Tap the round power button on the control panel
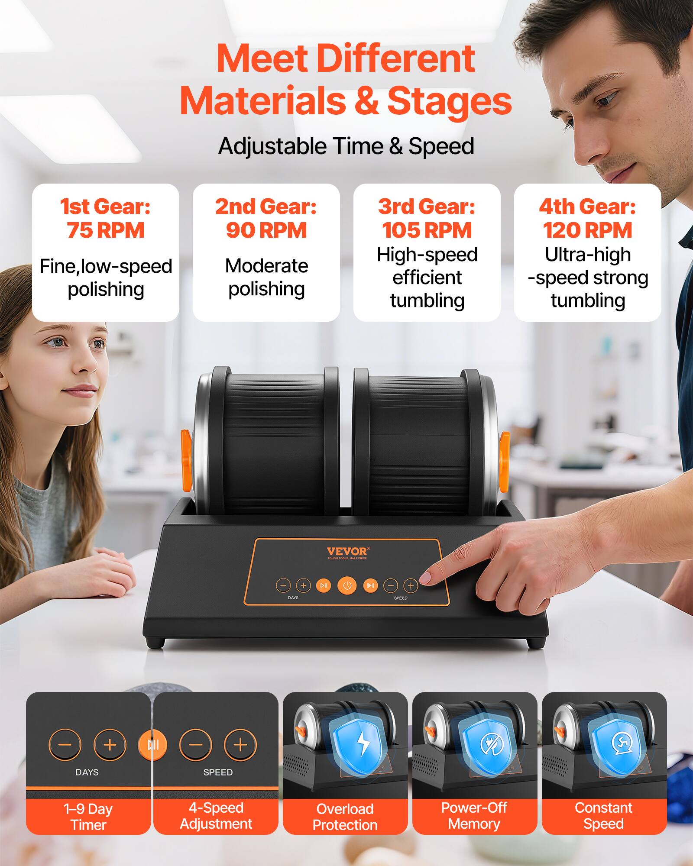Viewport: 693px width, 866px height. (346, 586)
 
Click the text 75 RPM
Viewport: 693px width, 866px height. (105, 230)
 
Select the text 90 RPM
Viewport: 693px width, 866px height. (266, 230)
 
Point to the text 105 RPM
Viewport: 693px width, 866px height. (427, 230)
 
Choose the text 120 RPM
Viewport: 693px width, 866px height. (587, 230)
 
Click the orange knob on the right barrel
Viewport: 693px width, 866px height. (505, 456)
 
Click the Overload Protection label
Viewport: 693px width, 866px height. (345, 817)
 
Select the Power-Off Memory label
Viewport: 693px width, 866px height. (474, 816)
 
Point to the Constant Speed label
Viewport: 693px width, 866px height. (603, 816)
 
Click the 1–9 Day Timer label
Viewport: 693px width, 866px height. (88, 817)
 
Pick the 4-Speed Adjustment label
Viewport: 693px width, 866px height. (216, 816)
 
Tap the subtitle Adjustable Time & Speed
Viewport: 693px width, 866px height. (346, 146)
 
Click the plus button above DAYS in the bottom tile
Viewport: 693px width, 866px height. (110, 744)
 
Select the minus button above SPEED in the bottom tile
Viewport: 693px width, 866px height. (195, 745)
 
